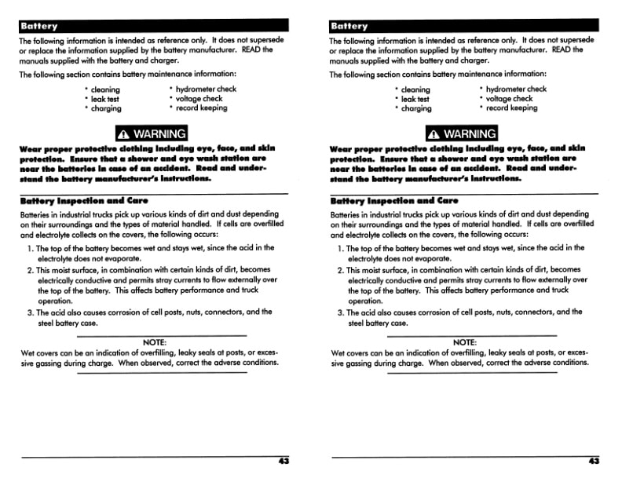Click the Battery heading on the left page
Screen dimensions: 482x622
39,26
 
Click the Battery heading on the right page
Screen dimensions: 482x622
349,26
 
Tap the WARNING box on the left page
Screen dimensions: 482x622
152,133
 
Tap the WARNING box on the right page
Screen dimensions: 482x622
462,133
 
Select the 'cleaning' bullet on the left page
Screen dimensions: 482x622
105,90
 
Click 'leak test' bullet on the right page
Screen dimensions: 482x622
415,100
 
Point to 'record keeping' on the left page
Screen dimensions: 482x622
202,108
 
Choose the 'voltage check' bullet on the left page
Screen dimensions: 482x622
199,99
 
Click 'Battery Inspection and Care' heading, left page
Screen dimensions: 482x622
84,201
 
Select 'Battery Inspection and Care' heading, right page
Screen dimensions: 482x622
394,201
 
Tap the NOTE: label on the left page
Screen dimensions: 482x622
155,342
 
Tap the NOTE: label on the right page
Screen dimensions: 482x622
465,342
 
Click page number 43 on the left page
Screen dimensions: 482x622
284,462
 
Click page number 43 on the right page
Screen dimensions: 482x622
594,462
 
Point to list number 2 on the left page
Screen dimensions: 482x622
30,271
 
